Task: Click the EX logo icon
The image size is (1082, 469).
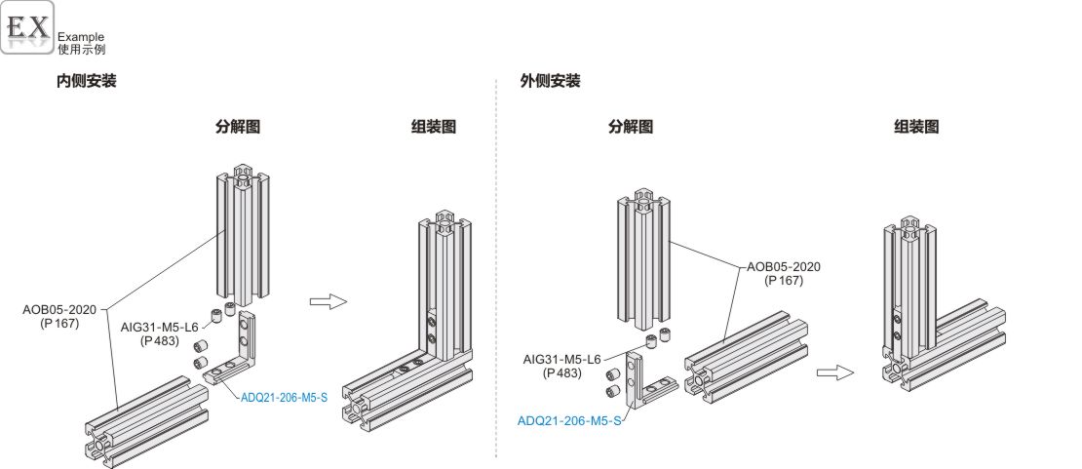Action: tap(27, 27)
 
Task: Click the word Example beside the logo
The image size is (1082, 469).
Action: tap(81, 37)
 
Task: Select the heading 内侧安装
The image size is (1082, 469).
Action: tap(87, 82)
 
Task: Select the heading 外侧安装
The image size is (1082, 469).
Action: tap(551, 82)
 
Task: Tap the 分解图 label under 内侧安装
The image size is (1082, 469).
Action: tap(238, 127)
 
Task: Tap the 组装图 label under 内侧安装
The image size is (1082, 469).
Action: tap(434, 127)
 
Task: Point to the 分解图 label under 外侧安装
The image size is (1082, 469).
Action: tap(631, 127)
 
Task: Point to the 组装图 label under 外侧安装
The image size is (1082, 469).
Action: tap(916, 127)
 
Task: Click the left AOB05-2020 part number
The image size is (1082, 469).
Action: tap(59, 310)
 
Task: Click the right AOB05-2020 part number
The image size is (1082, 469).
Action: tap(784, 266)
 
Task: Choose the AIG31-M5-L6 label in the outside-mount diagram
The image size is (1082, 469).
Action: tap(562, 359)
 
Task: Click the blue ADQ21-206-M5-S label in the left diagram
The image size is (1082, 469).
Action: tap(284, 397)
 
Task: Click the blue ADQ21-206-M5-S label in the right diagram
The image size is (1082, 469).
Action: tap(569, 421)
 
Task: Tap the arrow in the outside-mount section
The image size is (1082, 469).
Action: tap(834, 371)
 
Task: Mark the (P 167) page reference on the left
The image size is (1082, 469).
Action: tap(59, 324)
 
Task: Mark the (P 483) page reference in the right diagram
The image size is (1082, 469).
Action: tap(562, 372)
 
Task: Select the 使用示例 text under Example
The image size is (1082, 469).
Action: tap(81, 49)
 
